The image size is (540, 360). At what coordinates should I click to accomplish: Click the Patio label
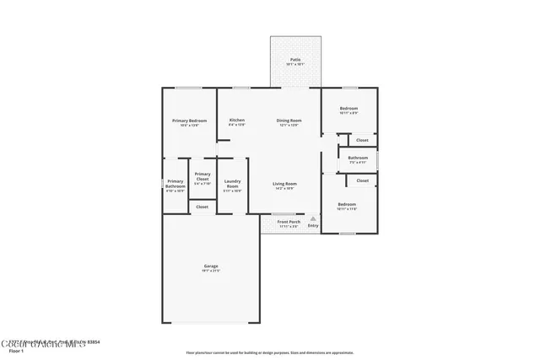295,60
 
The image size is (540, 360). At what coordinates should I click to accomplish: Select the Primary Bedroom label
186,121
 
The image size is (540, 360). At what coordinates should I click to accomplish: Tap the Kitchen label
237,121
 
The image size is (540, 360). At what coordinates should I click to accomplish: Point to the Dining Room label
289,121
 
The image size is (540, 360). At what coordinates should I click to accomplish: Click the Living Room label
284,184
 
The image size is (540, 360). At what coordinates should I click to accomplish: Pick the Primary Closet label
202,176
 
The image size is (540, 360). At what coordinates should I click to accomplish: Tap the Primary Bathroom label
175,183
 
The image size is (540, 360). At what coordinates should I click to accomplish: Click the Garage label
210,266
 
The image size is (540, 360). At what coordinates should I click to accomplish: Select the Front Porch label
289,222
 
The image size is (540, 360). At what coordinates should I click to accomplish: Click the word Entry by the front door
313,225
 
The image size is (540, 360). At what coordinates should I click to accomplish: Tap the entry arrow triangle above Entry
313,218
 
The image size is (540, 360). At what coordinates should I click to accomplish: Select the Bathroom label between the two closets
358,157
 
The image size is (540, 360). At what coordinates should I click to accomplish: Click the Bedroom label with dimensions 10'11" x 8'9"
348,109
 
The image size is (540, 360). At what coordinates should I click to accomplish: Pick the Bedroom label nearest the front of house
347,205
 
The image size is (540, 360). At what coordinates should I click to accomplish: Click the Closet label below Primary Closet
202,207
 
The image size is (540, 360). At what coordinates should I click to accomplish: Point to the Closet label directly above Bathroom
362,140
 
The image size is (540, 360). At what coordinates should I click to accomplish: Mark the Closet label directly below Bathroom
362,180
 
